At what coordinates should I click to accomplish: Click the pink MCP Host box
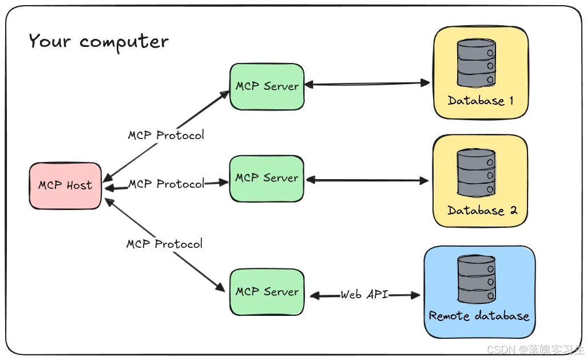(65, 185)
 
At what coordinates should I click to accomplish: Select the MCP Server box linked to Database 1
(267, 86)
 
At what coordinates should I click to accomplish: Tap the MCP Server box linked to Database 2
(267, 178)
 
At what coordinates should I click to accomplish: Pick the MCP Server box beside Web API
(267, 292)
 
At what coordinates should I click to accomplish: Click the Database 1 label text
(481, 101)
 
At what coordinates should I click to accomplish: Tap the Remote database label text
(479, 316)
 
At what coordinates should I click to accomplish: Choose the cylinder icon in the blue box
(476, 279)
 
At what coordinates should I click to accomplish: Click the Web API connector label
(364, 295)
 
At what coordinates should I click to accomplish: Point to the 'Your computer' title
(99, 42)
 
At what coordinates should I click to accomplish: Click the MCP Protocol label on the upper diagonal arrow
(165, 136)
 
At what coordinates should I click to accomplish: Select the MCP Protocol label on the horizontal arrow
(166, 184)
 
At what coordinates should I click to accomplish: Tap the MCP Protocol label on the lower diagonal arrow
(164, 244)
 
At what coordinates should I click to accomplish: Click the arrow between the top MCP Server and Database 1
(366, 84)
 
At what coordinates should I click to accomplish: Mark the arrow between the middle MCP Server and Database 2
(366, 181)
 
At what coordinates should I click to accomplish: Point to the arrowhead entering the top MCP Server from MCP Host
(225, 93)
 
